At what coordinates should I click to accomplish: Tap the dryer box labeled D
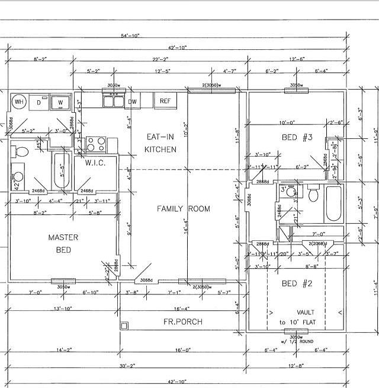tap(39, 102)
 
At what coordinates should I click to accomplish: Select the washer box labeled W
tap(60, 103)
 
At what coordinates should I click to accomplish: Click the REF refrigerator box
tap(165, 101)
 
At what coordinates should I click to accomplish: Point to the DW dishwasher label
tap(133, 102)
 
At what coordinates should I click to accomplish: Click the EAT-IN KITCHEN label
tap(160, 143)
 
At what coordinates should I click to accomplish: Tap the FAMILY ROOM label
tap(183, 209)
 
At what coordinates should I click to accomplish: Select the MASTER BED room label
tap(63, 243)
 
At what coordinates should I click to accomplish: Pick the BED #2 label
tap(296, 283)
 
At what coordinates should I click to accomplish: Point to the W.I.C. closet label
tap(95, 163)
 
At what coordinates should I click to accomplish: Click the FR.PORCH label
tap(183, 322)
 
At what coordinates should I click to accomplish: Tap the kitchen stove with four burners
tap(95, 144)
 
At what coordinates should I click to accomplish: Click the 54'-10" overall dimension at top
tap(130, 36)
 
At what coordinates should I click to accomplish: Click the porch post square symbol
tap(124, 325)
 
